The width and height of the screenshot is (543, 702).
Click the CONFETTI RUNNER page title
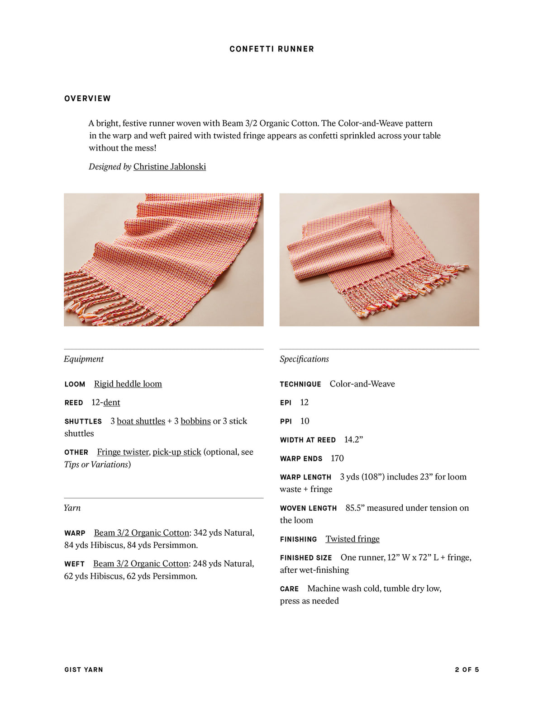(271, 49)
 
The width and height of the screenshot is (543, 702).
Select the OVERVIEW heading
(87, 99)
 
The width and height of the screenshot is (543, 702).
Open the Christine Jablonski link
(169, 166)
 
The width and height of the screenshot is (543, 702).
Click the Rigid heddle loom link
(128, 384)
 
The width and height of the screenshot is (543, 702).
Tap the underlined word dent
(112, 402)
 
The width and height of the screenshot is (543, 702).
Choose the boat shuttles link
(141, 421)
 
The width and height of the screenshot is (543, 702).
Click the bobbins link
(195, 421)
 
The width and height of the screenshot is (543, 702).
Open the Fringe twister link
(123, 452)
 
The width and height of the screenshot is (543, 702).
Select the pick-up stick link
(177, 452)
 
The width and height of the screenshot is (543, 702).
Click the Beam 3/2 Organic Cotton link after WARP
(141, 533)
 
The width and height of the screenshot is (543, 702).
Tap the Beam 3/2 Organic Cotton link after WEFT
(141, 564)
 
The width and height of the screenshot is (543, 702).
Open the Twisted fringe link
(352, 539)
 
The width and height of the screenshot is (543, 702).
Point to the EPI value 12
(304, 402)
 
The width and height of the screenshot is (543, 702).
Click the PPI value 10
(305, 421)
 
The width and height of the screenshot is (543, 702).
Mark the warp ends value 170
(337, 458)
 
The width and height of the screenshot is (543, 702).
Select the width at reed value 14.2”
(353, 439)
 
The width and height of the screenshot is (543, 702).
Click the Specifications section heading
(304, 359)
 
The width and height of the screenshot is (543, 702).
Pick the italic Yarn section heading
(72, 508)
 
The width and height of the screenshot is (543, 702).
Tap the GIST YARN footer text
(84, 669)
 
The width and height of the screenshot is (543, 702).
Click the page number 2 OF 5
(467, 669)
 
